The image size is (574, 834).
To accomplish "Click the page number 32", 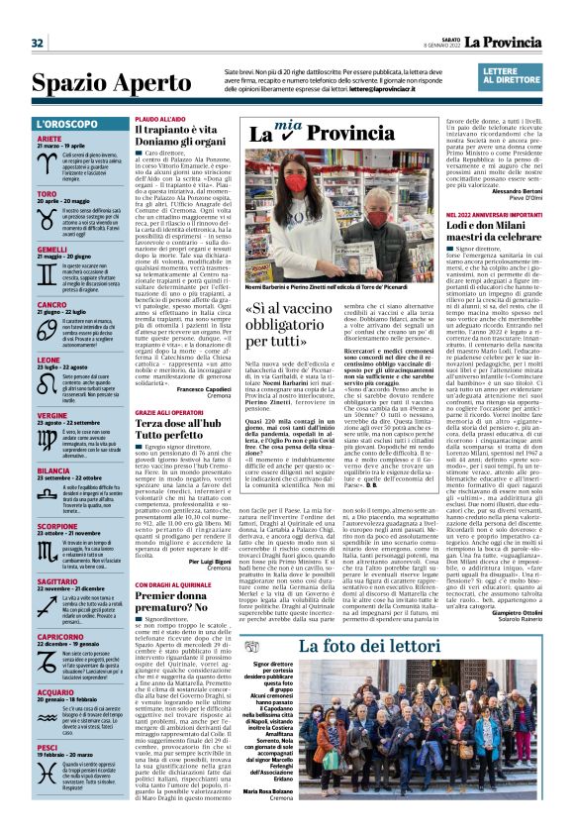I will click(x=38, y=43).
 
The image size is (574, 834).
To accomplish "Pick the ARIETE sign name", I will click(x=49, y=140).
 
